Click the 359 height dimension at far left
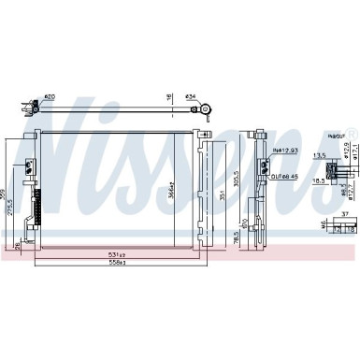(x=4, y=194)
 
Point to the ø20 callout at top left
(x=49, y=97)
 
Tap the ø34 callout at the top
(x=192, y=97)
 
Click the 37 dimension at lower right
(x=344, y=214)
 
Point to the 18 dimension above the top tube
(x=169, y=96)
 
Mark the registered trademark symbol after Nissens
(x=352, y=128)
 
